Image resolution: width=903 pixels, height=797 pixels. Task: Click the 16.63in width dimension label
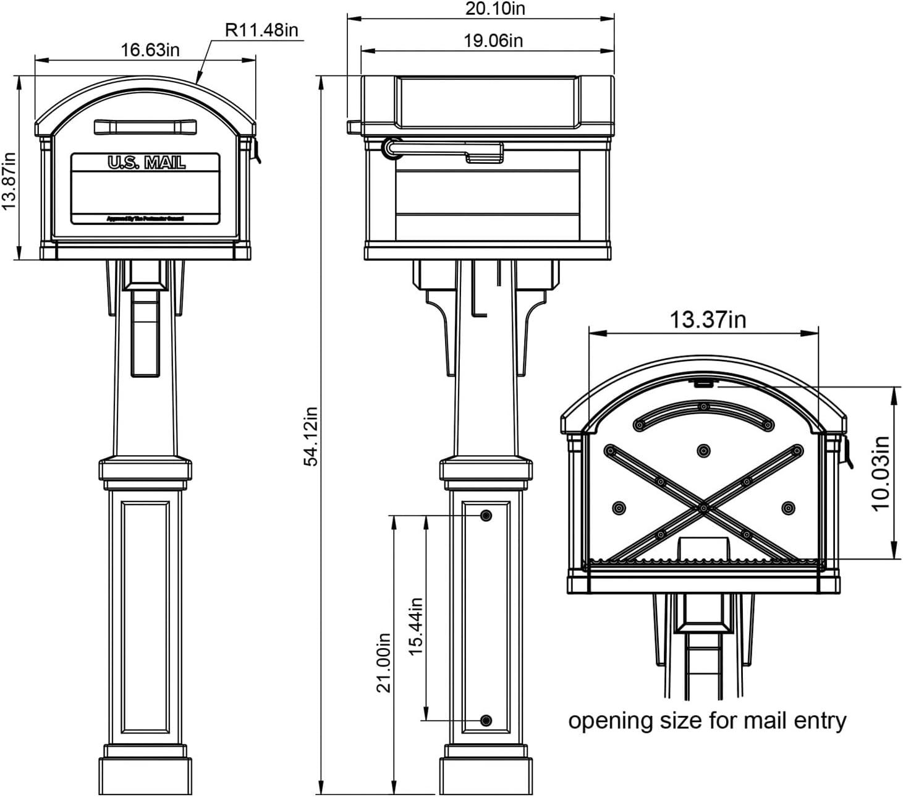[150, 49]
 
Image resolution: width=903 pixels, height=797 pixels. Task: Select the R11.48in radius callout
[261, 30]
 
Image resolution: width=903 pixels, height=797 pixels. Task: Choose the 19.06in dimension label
[493, 41]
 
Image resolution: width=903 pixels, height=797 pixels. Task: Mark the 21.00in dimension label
[384, 662]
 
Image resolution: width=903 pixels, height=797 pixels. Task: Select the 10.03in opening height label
[881, 473]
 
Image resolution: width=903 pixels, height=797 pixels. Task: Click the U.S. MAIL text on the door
[146, 163]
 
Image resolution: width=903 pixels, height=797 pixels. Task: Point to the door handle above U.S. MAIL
[146, 127]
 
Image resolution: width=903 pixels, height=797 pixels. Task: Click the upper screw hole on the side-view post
[486, 515]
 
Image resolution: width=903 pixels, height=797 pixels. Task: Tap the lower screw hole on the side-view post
[486, 720]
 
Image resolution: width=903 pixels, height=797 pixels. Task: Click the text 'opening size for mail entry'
[707, 721]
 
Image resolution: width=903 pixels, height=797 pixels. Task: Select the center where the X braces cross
[704, 508]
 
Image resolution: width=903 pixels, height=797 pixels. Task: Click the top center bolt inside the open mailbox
[703, 451]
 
